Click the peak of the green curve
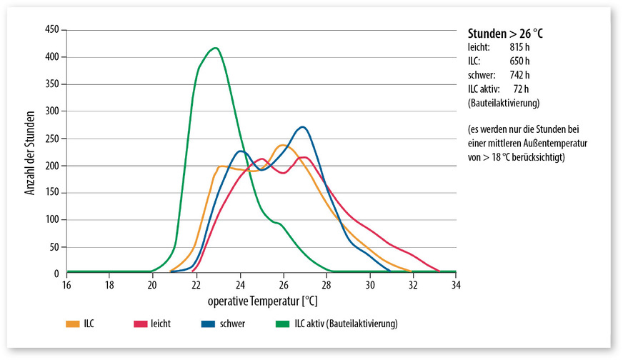pyautogui.click(x=215, y=49)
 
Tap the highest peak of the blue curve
pyautogui.click(x=303, y=127)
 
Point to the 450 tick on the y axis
pyautogui.click(x=51, y=30)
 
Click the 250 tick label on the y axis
pyautogui.click(x=51, y=139)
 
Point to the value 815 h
pyautogui.click(x=519, y=47)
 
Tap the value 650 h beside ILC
pyautogui.click(x=519, y=61)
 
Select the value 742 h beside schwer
pyautogui.click(x=519, y=74)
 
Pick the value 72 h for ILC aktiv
pyautogui.click(x=522, y=88)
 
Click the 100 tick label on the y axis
pyautogui.click(x=51, y=220)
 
